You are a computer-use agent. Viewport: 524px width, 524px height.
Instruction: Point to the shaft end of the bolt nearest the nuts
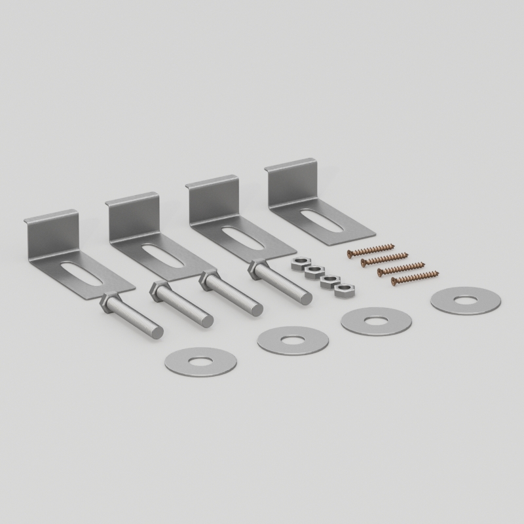(304, 296)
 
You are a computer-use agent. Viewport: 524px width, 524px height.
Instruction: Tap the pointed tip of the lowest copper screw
(437, 272)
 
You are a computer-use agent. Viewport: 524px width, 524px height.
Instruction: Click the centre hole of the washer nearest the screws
(466, 300)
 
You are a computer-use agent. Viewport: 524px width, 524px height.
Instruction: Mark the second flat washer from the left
(291, 341)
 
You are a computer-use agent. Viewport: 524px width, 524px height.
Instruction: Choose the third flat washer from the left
(377, 321)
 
